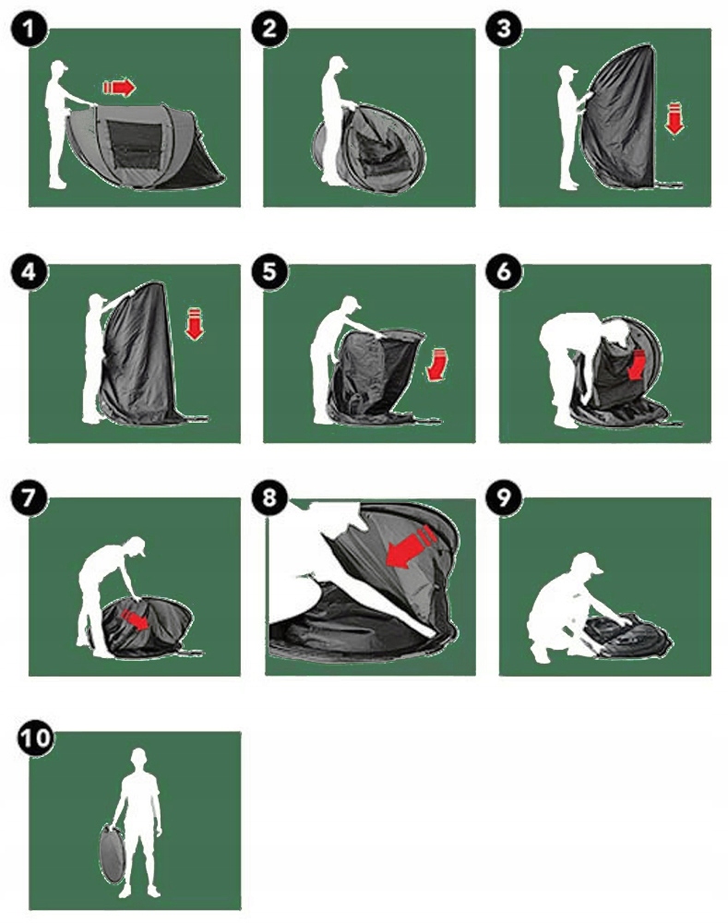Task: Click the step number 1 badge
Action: point(29,29)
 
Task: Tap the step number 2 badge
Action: point(269,29)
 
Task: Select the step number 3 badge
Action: point(505,29)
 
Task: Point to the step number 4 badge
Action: point(29,271)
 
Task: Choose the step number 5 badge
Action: point(269,271)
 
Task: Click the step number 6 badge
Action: point(505,271)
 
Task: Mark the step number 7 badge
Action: point(29,498)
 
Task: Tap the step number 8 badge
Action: point(269,498)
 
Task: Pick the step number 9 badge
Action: point(505,498)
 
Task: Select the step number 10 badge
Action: point(35,737)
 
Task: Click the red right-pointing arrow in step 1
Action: point(119,88)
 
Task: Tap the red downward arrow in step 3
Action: point(674,118)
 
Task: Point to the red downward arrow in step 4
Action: point(194,324)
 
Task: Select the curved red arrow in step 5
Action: point(436,365)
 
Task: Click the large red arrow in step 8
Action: point(411,548)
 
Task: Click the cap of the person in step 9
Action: point(588,564)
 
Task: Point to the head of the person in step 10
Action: point(138,757)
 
